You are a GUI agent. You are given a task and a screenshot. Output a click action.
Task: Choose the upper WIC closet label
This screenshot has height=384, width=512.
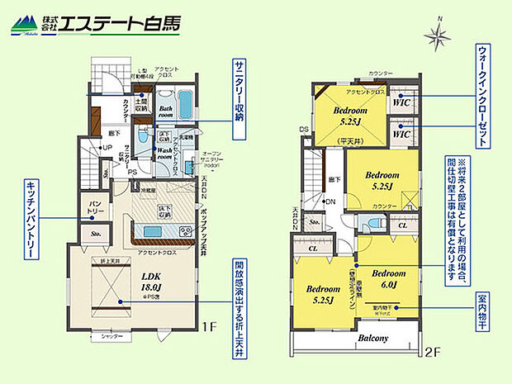pos(402,102)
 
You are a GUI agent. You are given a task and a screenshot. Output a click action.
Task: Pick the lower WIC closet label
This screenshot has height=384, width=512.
pos(402,133)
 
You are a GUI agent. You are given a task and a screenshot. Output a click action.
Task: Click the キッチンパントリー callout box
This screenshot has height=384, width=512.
pos(30,218)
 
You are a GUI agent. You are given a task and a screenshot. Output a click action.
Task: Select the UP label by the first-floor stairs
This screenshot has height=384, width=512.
pos(107,148)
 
